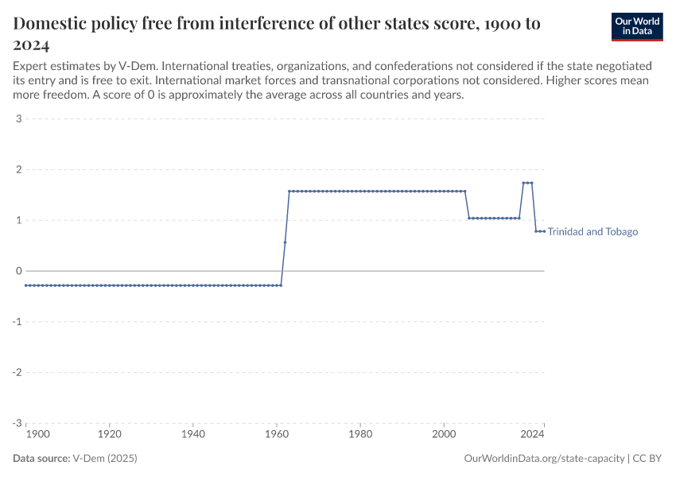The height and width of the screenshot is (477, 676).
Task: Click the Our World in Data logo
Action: coord(636,26)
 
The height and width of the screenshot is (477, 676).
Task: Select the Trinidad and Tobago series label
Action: coord(592,232)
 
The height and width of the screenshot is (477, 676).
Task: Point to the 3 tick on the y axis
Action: coord(17,119)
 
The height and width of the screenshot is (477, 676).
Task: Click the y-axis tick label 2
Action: coord(17,169)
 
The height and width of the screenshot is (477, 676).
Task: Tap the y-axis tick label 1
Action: coord(17,220)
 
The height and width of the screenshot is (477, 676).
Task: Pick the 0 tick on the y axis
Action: coord(17,271)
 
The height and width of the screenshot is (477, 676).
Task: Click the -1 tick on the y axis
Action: coord(16,322)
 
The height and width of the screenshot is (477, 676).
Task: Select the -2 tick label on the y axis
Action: coord(16,372)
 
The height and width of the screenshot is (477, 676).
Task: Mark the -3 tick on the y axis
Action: coord(16,423)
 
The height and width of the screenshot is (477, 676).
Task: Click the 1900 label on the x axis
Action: coord(37,435)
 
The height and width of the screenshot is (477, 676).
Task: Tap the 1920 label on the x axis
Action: coord(110,435)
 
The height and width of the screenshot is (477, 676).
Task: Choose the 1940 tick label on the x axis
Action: coord(193,435)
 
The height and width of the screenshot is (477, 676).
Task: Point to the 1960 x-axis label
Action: coord(277,435)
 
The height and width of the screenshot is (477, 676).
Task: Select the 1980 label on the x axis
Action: coord(360,435)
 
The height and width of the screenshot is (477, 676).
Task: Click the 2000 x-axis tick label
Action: coord(444,435)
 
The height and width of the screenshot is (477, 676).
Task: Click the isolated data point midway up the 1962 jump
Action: coord(285,242)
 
